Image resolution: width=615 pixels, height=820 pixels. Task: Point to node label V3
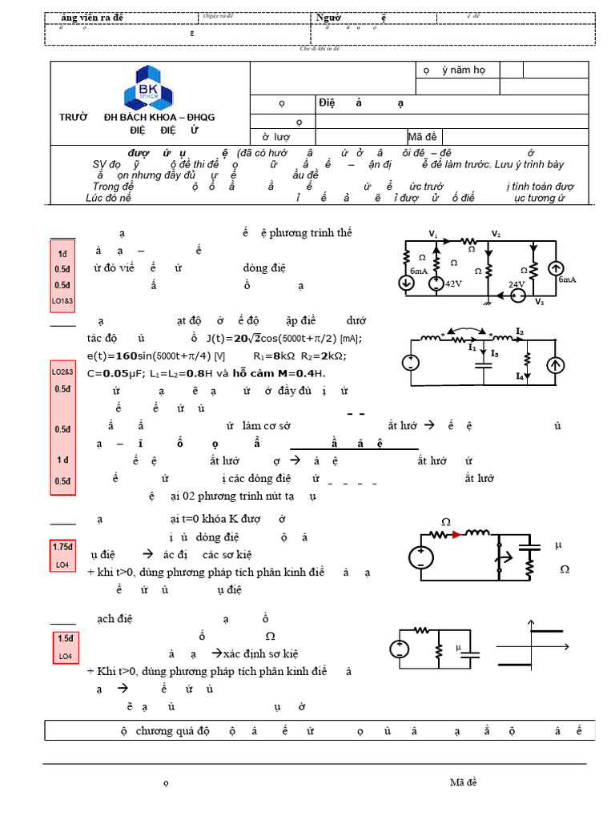(540, 302)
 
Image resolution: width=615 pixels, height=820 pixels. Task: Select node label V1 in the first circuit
(433, 234)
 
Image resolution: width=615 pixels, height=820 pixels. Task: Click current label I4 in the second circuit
(519, 375)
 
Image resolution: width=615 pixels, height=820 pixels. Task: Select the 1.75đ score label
(62, 547)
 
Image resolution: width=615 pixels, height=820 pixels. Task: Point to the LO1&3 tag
(62, 301)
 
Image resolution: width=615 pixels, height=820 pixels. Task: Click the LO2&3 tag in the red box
(62, 372)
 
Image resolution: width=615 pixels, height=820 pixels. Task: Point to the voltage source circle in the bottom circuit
(402, 649)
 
